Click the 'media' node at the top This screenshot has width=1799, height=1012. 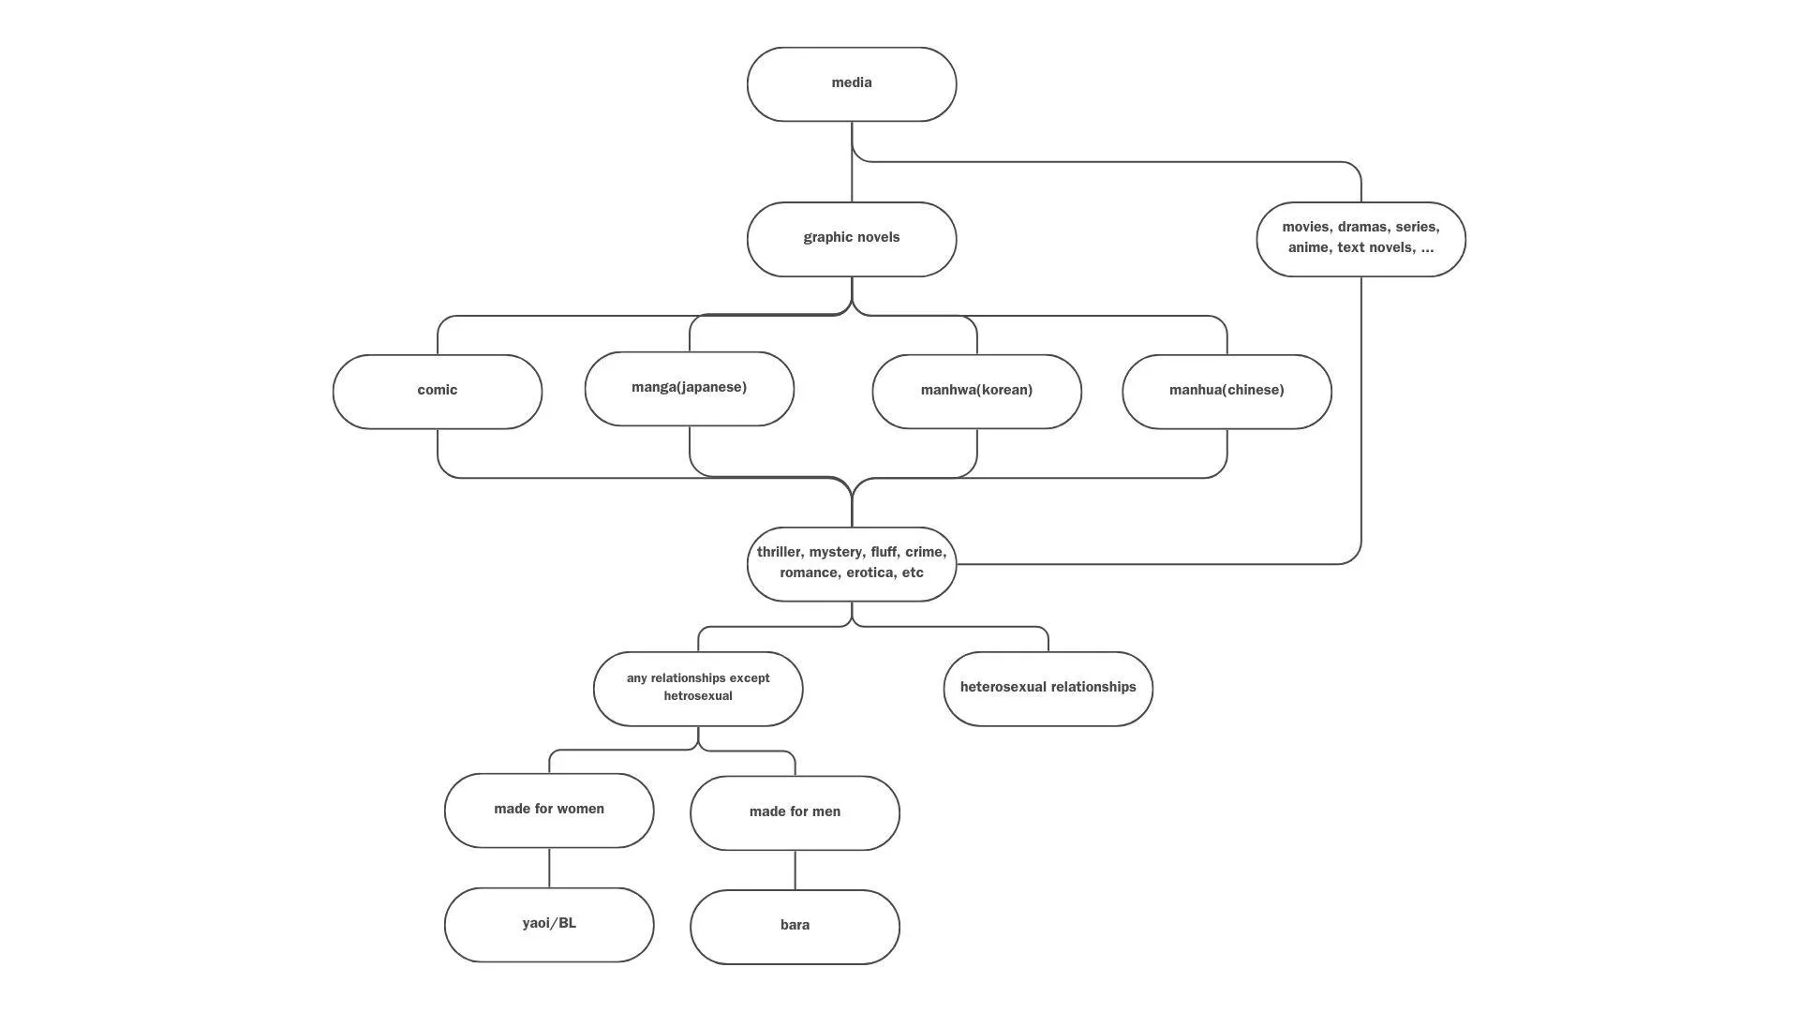point(851,84)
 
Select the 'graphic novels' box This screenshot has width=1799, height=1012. point(851,239)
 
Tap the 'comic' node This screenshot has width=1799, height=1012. point(437,391)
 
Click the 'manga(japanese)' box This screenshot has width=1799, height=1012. point(689,388)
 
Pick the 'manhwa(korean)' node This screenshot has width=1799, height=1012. point(976,391)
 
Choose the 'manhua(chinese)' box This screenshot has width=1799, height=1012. point(1227,391)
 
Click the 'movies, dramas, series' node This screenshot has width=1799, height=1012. point(1360,239)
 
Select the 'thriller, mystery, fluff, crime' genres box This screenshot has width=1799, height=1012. point(851,563)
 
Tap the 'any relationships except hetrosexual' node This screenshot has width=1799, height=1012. point(698,688)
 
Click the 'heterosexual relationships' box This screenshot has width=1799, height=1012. point(1048,688)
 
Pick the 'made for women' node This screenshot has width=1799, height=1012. point(549,810)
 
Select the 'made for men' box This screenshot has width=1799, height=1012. point(795,812)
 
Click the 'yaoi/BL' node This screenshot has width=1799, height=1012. point(549,924)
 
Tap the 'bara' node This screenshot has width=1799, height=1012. point(795,926)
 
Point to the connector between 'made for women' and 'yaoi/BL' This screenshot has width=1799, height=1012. point(549,868)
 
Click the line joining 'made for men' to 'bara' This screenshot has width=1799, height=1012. point(795,871)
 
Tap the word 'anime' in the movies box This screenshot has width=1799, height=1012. point(1308,247)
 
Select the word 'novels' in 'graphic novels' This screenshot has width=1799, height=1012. point(876,237)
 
